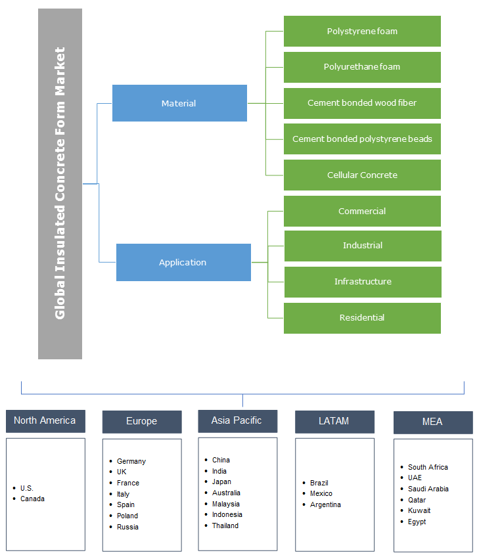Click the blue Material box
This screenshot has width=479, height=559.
coord(179,103)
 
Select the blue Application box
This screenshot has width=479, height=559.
coord(183,262)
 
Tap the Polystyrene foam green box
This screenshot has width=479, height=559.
coord(362,31)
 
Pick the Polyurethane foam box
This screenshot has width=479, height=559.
coord(362,67)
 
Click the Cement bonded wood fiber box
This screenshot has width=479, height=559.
coord(362,103)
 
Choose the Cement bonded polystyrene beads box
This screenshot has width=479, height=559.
coord(362,139)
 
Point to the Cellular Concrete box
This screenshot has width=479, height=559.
coord(362,175)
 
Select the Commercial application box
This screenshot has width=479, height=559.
coord(362,211)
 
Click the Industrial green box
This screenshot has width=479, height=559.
coord(362,246)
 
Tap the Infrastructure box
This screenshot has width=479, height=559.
coord(362,282)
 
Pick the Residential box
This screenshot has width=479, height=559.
coord(362,318)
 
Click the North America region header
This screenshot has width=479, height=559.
coord(45,421)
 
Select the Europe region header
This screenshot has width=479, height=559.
coord(141,422)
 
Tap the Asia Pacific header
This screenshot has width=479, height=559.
coord(237,421)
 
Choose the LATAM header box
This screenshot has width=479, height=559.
coord(334,422)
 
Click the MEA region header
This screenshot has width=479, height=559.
coord(432,422)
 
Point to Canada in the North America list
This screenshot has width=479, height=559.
coord(32,499)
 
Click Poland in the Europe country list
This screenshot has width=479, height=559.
coord(127,516)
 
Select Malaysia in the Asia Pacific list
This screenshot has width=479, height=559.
coord(226,504)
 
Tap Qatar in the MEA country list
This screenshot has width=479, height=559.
coord(417,500)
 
